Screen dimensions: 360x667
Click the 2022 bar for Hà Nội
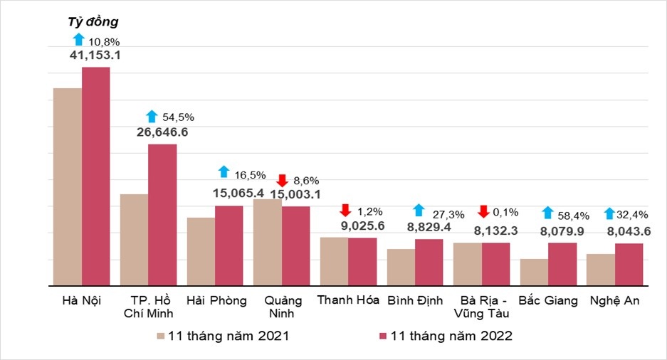point(95,176)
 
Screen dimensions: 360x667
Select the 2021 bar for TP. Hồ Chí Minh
point(134,240)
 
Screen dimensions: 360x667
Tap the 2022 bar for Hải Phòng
point(229,245)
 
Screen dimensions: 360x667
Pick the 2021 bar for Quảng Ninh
point(268,243)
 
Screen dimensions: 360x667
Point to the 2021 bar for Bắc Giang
point(534,272)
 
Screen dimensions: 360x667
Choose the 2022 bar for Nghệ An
point(629,265)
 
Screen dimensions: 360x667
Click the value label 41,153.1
point(94,54)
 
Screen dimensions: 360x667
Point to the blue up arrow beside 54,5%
point(151,116)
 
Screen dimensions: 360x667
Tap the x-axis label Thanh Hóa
point(348,300)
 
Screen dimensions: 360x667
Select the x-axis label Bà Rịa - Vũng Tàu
point(482,307)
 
